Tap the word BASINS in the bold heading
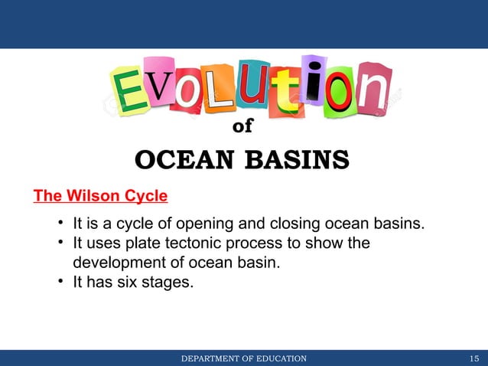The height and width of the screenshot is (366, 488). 297,162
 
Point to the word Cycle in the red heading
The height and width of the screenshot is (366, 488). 144,196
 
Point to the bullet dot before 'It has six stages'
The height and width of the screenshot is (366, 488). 59,282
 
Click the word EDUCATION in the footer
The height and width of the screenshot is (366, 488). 272,358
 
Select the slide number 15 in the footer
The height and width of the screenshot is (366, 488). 475,358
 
